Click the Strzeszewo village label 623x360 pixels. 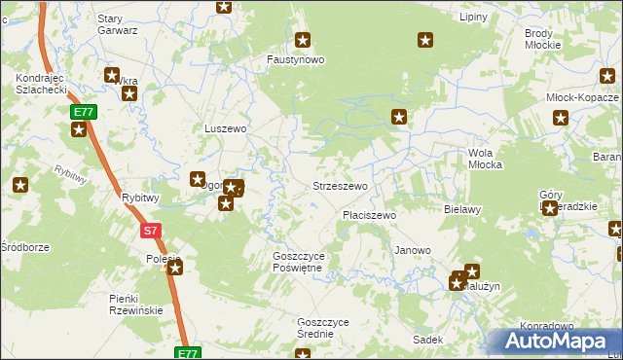(x=339, y=185)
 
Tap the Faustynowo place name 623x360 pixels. (x=296, y=58)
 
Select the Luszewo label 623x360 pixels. (x=224, y=127)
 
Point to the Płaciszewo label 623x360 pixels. (x=368, y=215)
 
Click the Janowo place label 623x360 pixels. (x=412, y=250)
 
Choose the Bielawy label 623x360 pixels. (x=462, y=209)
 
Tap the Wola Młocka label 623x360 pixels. (x=485, y=159)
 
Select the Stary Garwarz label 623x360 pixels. (x=117, y=24)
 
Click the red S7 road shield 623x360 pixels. (x=149, y=231)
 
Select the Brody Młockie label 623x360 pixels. (x=541, y=39)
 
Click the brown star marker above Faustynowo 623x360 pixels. (x=303, y=40)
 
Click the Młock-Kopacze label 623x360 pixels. (x=582, y=98)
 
